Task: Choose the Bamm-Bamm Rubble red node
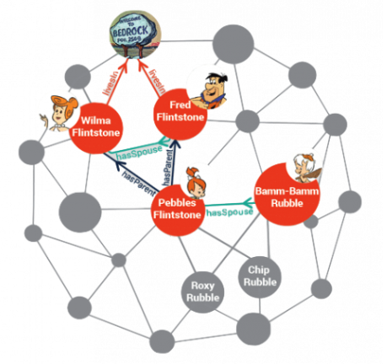pos(287,193)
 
